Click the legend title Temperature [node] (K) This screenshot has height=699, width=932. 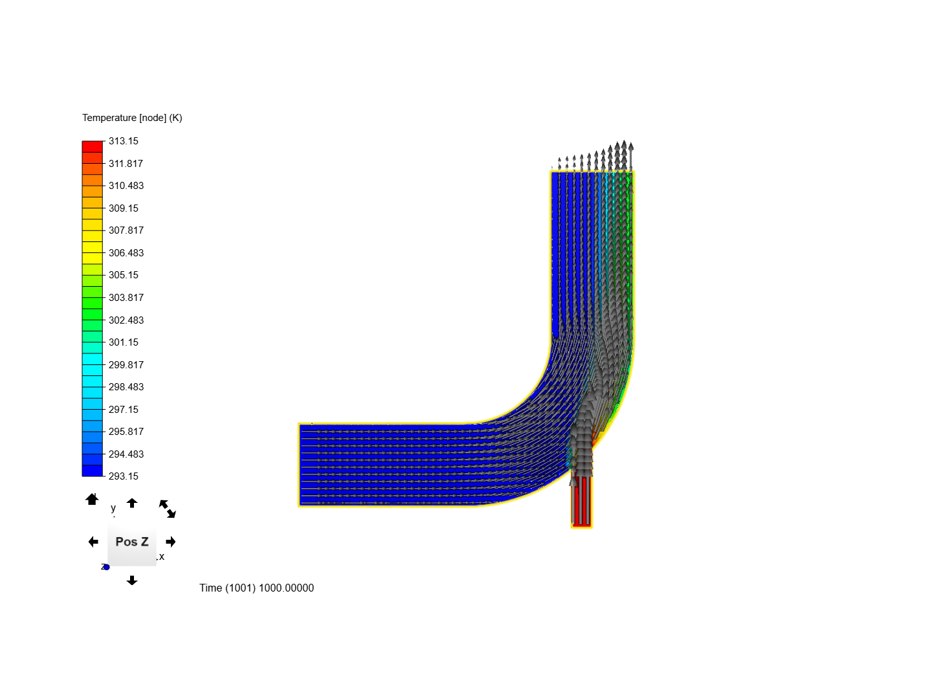click(x=132, y=118)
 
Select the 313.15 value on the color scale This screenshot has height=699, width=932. click(x=123, y=141)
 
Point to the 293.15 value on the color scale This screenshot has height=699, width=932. click(x=123, y=476)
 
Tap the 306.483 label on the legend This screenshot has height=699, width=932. click(x=126, y=253)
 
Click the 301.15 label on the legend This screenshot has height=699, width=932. click(x=123, y=342)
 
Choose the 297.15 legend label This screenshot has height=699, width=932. click(x=123, y=410)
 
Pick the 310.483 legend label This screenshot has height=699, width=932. click(x=126, y=186)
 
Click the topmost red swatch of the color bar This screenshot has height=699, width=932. click(x=92, y=147)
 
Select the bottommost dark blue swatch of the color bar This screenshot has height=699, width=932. click(x=92, y=471)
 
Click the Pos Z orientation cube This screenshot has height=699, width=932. click(x=132, y=542)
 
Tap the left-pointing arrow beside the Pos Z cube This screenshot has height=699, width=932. click(x=93, y=542)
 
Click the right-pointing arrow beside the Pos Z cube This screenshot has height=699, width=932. click(x=171, y=542)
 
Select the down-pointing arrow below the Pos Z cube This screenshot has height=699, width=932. click(x=132, y=581)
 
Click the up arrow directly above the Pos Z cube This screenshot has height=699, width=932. click(x=132, y=503)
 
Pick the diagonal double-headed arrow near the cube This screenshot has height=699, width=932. click(x=168, y=509)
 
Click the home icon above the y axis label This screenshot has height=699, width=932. click(x=92, y=499)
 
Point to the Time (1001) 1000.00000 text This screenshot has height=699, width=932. click(x=256, y=588)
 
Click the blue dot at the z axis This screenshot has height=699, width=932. click(x=107, y=567)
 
